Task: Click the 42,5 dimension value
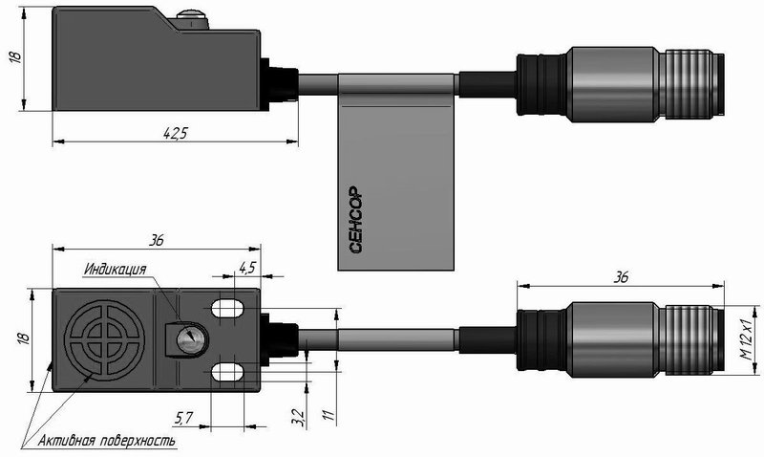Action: [175, 133]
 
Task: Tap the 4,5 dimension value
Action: [247, 267]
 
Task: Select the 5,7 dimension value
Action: [183, 418]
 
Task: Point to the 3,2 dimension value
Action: [300, 418]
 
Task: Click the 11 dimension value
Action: [329, 415]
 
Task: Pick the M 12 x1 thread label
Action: [746, 339]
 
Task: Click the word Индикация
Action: [115, 270]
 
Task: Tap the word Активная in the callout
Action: [66, 442]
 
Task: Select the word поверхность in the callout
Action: [138, 442]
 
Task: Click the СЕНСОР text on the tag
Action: [356, 220]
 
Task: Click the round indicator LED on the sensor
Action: [187, 337]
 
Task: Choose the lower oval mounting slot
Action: [227, 373]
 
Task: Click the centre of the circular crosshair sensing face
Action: [104, 339]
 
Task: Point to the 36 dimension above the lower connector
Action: [620, 277]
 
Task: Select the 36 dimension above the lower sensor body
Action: [157, 240]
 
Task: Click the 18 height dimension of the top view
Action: [15, 57]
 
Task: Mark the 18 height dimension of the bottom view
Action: [25, 337]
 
